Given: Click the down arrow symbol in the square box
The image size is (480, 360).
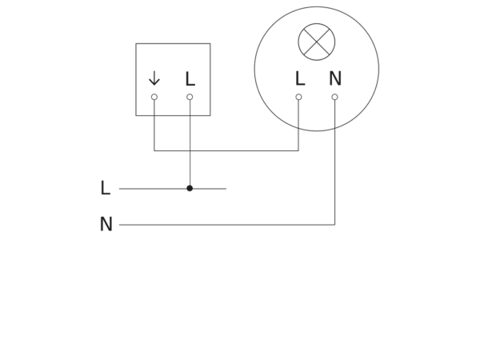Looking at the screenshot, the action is click(154, 78).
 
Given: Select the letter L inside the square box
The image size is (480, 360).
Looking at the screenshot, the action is click(190, 78).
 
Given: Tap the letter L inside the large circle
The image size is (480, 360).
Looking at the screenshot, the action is click(300, 78).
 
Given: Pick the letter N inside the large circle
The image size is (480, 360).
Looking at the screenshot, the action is click(335, 78).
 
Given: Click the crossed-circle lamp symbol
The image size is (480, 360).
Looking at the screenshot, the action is click(317, 42).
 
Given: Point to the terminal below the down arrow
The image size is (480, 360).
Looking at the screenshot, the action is click(154, 97).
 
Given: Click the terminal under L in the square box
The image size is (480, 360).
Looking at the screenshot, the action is click(190, 97).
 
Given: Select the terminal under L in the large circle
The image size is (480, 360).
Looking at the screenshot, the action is click(298, 97).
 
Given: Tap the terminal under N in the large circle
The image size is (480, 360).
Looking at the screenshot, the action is click(335, 97).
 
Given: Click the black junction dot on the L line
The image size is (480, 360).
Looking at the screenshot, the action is click(190, 188).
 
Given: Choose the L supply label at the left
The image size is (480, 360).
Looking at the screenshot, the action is click(106, 188).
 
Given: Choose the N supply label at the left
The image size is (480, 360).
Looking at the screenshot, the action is click(106, 224).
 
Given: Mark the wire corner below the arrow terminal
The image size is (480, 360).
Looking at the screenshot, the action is click(154, 150).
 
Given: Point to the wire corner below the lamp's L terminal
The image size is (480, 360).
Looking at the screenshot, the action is click(298, 150).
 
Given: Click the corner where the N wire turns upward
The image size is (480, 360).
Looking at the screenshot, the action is click(335, 225).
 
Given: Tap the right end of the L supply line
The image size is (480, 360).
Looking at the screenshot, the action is click(226, 189).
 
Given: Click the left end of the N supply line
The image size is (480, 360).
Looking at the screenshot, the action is click(119, 225).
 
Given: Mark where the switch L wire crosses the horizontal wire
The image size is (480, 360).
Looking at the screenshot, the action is click(190, 150).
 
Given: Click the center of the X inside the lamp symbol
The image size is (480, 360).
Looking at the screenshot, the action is click(317, 42).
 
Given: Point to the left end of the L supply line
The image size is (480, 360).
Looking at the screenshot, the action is click(119, 189).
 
